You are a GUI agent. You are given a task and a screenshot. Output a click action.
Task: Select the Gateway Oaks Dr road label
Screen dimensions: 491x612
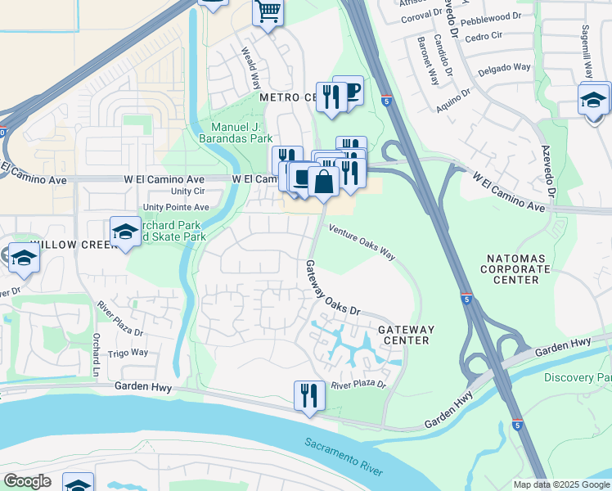pos(332,288)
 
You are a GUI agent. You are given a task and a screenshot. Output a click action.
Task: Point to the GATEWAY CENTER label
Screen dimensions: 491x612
pos(406,335)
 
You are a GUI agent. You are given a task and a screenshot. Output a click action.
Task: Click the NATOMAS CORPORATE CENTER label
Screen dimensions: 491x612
pos(515,268)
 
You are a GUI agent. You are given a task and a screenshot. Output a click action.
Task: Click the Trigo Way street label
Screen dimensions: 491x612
pos(128,353)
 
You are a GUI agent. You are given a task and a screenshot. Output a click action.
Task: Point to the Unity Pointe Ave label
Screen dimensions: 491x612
pos(176,207)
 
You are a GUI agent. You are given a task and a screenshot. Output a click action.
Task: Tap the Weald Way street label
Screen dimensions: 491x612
pos(250,67)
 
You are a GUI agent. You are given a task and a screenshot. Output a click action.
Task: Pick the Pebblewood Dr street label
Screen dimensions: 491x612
pos(491,16)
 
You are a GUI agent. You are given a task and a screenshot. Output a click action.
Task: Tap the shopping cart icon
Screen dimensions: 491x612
pos(268,12)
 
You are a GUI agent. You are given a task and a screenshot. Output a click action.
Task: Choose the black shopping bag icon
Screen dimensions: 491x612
pos(324,182)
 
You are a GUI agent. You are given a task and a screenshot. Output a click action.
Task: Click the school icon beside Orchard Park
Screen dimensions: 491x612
pos(126,232)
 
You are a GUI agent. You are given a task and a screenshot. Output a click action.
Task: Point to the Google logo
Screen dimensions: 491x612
pos(27,480)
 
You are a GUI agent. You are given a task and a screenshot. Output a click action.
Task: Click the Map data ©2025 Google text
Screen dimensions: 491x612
pos(560,484)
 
